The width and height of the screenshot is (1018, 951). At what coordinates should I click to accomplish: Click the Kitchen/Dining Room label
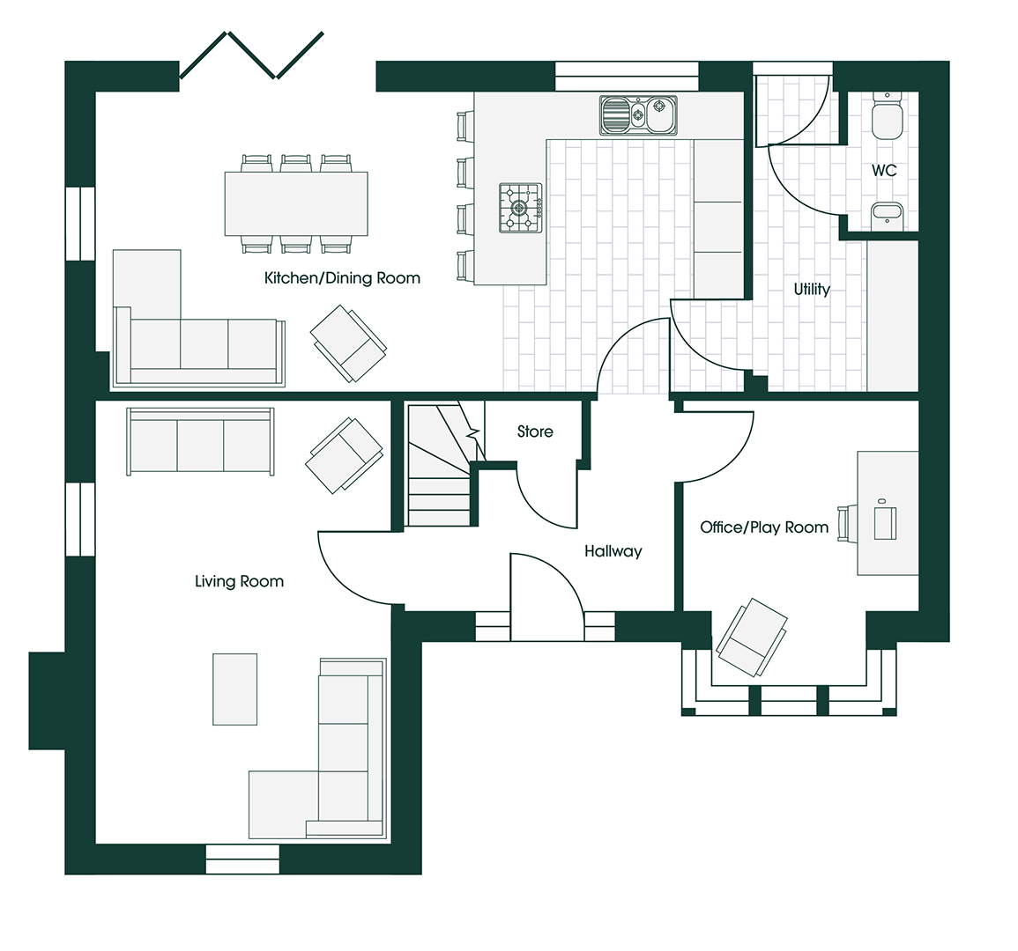(342, 278)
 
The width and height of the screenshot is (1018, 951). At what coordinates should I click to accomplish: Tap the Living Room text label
(240, 581)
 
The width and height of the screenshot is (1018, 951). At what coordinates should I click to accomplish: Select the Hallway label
(613, 551)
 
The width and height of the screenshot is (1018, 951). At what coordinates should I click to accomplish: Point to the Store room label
(535, 431)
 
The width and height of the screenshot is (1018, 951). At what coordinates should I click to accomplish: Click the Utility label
(812, 290)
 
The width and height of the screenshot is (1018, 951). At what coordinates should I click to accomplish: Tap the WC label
(884, 171)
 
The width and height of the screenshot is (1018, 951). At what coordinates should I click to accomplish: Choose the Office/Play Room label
(764, 527)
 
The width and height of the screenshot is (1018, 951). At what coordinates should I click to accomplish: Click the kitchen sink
(638, 115)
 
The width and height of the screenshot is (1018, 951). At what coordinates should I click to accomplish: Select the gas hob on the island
(520, 208)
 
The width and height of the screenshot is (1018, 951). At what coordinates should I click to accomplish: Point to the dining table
(296, 203)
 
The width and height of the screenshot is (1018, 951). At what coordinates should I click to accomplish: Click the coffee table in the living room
(235, 689)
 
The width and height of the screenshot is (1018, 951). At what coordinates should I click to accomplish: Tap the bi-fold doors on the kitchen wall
(252, 55)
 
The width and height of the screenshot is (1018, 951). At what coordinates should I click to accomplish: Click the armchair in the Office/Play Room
(752, 637)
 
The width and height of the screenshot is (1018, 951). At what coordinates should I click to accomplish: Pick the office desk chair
(843, 524)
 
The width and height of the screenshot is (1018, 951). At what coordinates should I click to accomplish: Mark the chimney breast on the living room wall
(47, 701)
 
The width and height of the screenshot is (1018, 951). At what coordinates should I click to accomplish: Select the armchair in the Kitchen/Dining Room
(349, 343)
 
